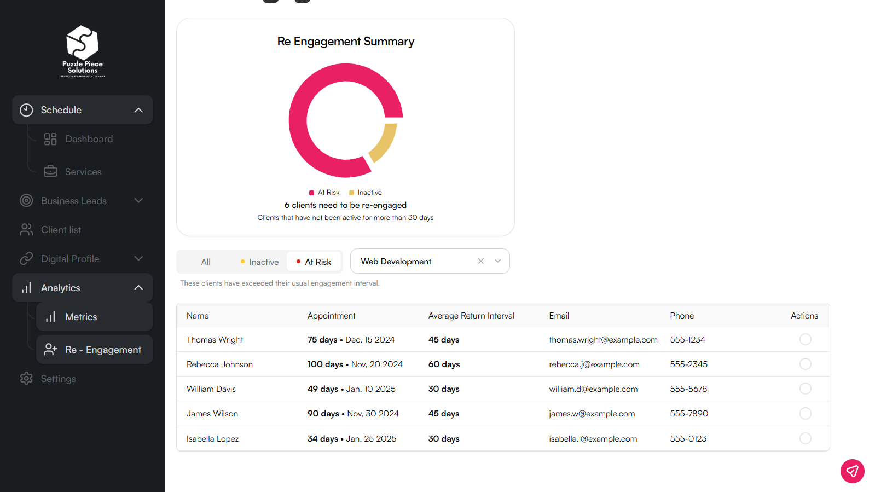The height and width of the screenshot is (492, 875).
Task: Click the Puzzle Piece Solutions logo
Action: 83,51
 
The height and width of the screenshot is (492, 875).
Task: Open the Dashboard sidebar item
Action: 89,139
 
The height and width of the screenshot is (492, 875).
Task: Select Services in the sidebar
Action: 83,172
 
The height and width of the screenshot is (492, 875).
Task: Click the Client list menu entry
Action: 61,230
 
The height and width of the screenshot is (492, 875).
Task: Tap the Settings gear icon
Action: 26,379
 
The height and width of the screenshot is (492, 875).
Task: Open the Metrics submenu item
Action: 81,317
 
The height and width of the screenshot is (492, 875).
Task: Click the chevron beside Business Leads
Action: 138,201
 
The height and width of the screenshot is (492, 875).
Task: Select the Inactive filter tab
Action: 260,262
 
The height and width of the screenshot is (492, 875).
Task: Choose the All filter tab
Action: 206,262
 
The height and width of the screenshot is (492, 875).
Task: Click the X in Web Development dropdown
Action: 480,261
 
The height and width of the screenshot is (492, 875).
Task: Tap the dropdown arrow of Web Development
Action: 498,261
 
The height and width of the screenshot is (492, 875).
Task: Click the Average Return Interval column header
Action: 471,316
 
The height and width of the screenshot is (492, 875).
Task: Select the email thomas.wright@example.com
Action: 603,340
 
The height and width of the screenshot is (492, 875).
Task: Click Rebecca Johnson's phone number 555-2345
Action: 688,364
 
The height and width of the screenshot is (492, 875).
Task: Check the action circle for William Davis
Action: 805,389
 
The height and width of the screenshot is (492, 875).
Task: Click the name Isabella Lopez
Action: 212,439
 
